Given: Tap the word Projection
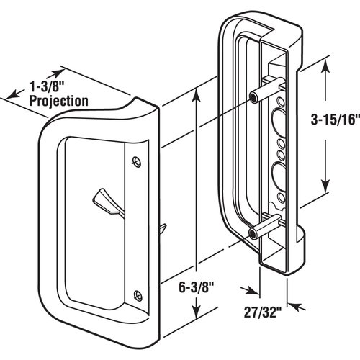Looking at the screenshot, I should [x=59, y=101].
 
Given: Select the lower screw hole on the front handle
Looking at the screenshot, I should [x=137, y=292].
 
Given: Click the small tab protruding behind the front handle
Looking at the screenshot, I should [x=163, y=229].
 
